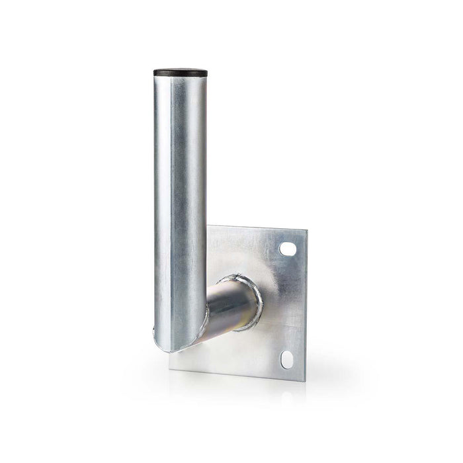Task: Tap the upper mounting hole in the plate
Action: tap(288, 249)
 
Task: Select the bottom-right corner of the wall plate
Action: tap(305, 378)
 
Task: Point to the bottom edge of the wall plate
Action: tap(238, 373)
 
